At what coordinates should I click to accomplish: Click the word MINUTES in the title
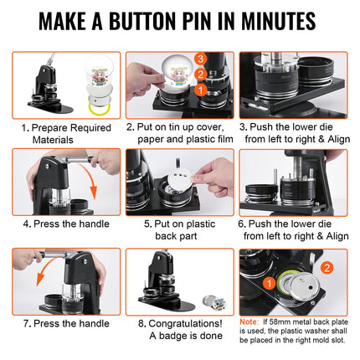pyautogui.click(x=273, y=21)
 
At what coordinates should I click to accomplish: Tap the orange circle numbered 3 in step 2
pyautogui.click(x=200, y=59)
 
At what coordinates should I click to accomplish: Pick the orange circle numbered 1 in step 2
pyautogui.click(x=200, y=87)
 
